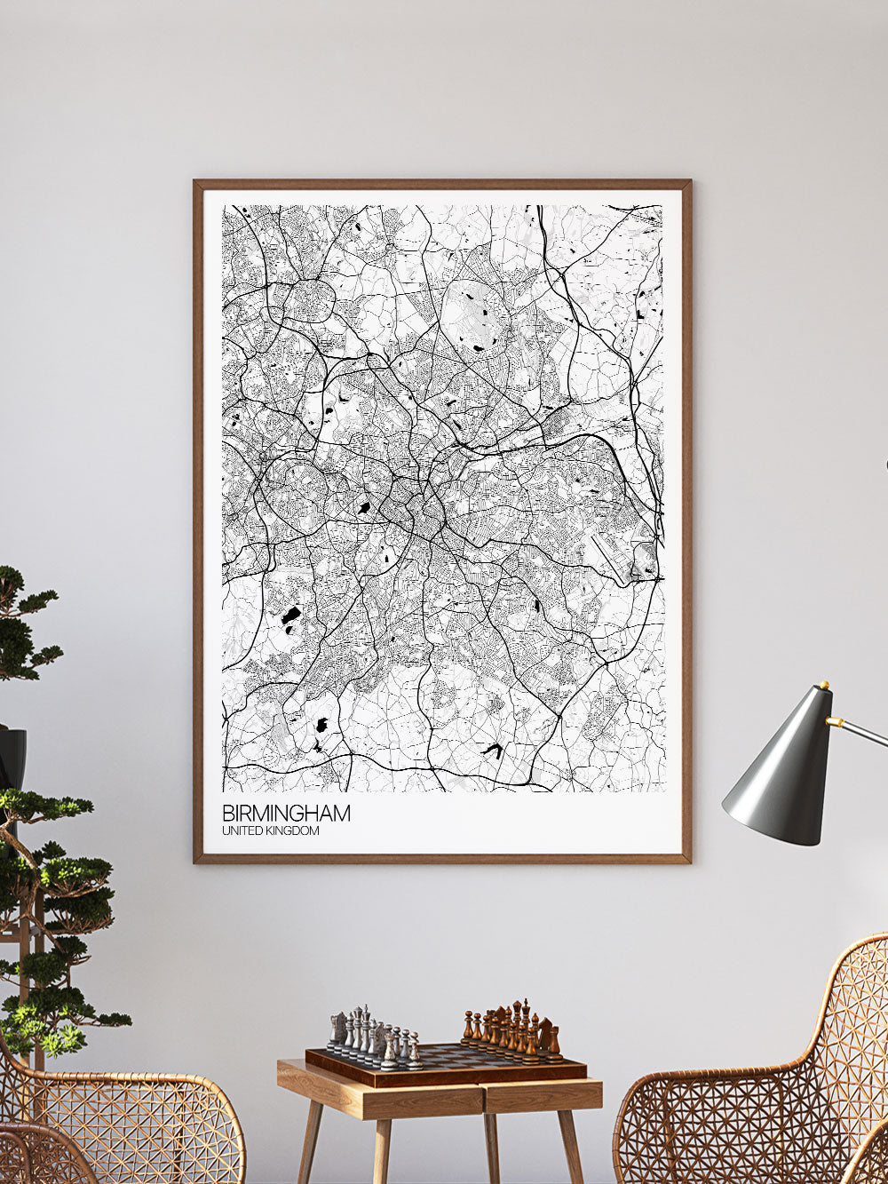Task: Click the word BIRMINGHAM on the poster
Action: point(286,813)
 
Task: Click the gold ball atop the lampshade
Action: point(824,686)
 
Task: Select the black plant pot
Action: point(12,760)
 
